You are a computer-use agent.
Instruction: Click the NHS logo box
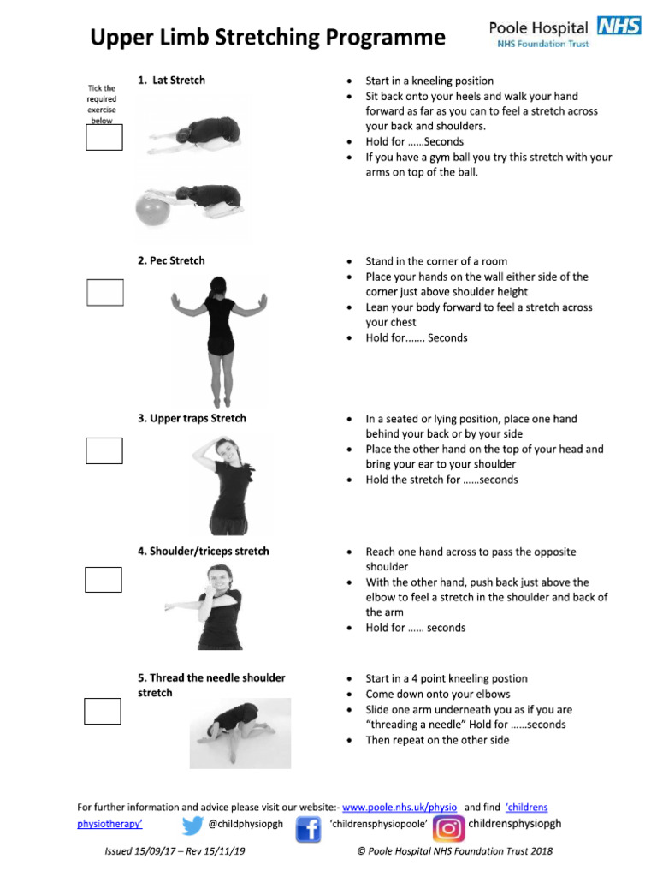(619, 27)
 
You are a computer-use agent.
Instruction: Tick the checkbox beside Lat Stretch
(104, 137)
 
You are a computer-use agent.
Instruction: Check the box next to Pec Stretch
(104, 292)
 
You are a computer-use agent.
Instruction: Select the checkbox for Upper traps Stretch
(104, 450)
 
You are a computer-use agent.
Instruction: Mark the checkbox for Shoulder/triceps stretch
(103, 580)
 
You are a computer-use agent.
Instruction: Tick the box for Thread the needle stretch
(103, 711)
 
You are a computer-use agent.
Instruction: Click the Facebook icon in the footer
(307, 829)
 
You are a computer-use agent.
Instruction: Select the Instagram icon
(448, 829)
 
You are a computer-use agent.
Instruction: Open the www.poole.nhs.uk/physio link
(400, 807)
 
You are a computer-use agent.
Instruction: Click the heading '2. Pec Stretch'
(171, 260)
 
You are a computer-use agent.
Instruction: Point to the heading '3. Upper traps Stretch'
(192, 418)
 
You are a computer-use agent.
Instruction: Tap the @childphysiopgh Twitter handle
(246, 825)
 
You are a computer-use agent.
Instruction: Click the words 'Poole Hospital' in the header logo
(538, 28)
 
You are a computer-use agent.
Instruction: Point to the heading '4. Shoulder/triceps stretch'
(203, 551)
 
